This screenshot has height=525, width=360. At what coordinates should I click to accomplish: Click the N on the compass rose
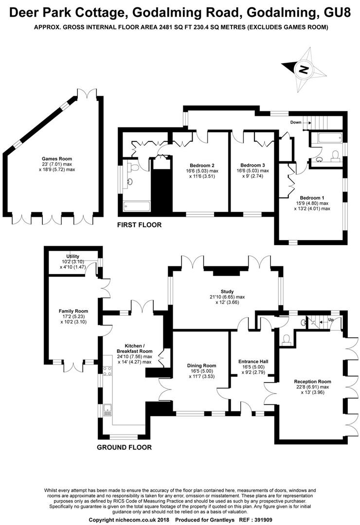[x=304, y=70]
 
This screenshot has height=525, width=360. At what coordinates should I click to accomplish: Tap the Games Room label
[x=57, y=158]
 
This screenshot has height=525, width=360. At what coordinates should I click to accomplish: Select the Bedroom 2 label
[x=202, y=165]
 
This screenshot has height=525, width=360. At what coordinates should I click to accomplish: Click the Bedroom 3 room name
[x=253, y=165]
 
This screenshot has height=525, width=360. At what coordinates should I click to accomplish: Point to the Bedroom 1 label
[x=312, y=198]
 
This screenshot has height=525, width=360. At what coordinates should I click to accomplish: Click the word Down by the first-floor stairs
[x=296, y=122]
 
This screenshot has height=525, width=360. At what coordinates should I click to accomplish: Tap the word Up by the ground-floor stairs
[x=331, y=320]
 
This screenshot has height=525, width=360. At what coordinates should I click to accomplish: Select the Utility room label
[x=73, y=257]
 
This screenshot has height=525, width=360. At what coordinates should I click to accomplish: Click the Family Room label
[x=73, y=311]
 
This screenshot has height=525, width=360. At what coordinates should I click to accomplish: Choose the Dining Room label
[x=201, y=366]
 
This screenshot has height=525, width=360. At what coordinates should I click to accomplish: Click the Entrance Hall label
[x=253, y=361]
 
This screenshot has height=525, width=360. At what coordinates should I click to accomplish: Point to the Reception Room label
[x=312, y=382]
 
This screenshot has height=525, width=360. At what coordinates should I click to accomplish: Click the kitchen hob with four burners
[x=108, y=370]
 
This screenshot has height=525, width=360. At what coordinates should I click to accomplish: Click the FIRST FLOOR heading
[x=139, y=225]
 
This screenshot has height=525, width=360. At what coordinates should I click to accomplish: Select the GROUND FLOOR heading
[x=124, y=447]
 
